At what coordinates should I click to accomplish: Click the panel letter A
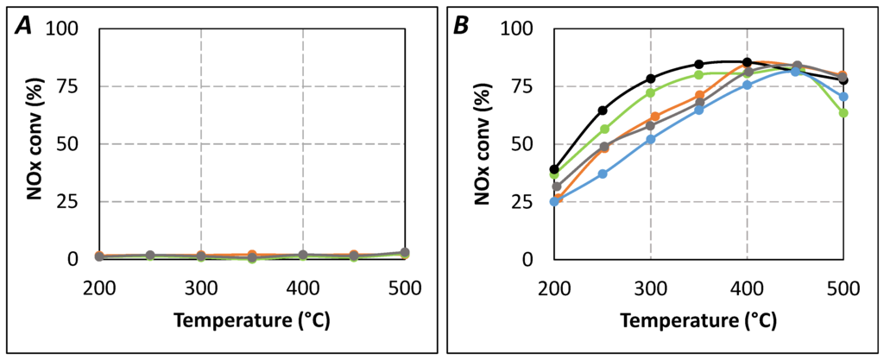pyautogui.click(x=27, y=26)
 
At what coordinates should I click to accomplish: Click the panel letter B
pyautogui.click(x=462, y=26)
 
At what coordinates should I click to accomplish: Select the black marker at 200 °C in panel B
pyautogui.click(x=555, y=169)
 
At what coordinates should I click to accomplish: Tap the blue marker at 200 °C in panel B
pyautogui.click(x=555, y=202)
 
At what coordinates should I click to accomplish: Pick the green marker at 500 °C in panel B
pyautogui.click(x=843, y=113)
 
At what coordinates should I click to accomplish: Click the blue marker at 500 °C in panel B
pyautogui.click(x=843, y=97)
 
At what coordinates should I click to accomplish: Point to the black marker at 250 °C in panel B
pyautogui.click(x=603, y=111)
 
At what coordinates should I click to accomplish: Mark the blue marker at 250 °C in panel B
pyautogui.click(x=603, y=174)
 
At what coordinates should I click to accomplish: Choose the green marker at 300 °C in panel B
pyautogui.click(x=651, y=92)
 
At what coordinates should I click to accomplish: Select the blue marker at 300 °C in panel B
pyautogui.click(x=651, y=139)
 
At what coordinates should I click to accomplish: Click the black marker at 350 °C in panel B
pyautogui.click(x=699, y=64)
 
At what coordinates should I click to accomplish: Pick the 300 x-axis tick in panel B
pyautogui.click(x=651, y=287)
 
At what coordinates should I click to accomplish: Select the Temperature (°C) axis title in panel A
pyautogui.click(x=251, y=320)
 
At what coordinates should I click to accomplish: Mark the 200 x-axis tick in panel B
pyautogui.click(x=555, y=287)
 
